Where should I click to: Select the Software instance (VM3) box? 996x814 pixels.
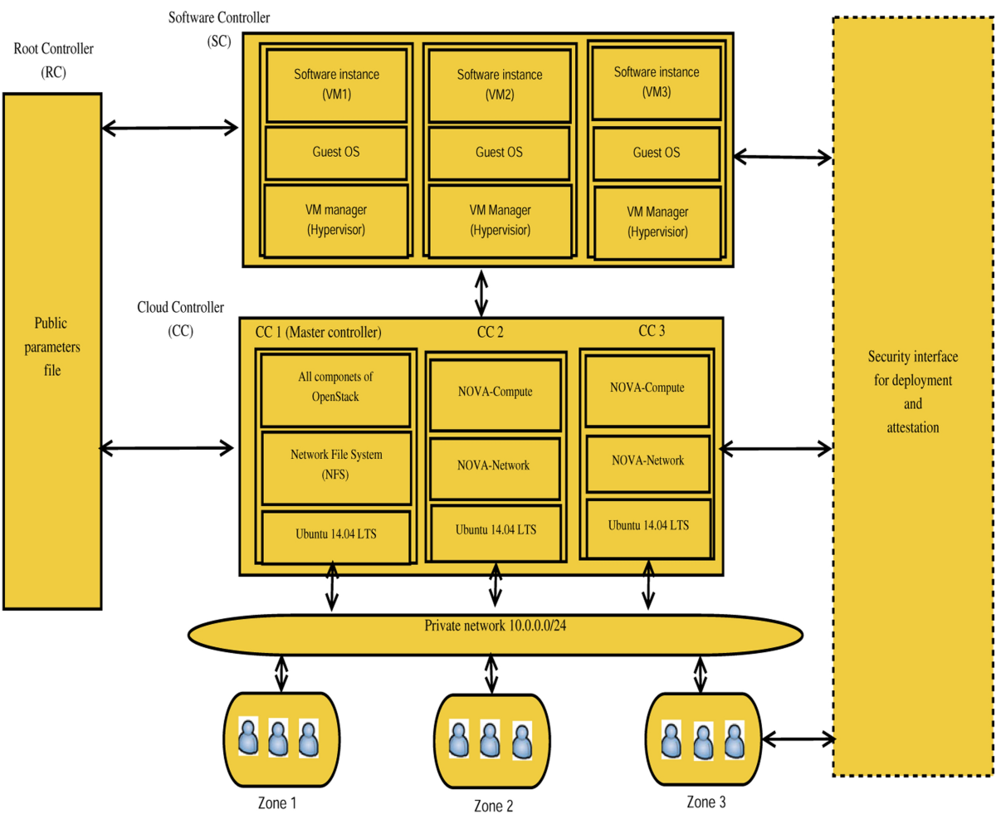click(656, 81)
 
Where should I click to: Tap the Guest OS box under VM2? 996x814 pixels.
click(499, 152)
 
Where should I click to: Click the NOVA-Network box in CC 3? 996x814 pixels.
click(647, 461)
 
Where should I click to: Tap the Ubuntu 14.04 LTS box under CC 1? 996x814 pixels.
click(335, 535)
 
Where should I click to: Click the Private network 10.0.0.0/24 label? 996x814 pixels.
click(496, 626)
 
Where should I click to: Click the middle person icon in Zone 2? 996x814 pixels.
click(489, 740)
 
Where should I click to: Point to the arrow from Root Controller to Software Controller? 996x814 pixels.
click(169, 128)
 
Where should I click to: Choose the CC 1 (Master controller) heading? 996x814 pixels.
click(318, 333)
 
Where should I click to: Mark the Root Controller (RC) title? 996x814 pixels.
click(53, 61)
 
